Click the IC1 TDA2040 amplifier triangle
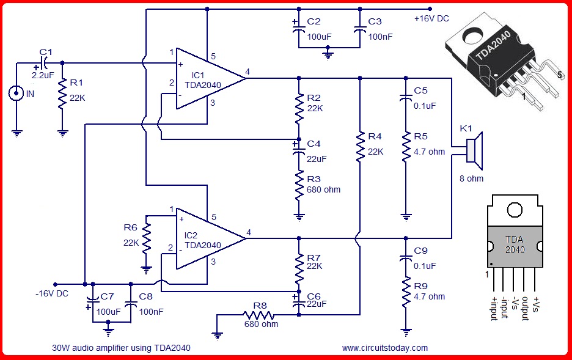(204, 78)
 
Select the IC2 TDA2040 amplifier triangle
(204, 239)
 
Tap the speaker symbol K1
(475, 151)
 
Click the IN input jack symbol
(16, 94)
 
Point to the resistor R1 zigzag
(62, 94)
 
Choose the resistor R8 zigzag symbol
(258, 315)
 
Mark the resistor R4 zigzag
(360, 147)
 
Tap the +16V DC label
(431, 18)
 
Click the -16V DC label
(52, 293)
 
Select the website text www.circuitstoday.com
(385, 348)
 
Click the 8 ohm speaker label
(471, 178)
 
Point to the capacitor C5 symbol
(406, 97)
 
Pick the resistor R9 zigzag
(406, 292)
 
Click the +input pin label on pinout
(494, 309)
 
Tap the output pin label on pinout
(525, 309)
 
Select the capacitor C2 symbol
(299, 29)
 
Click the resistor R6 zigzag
(146, 238)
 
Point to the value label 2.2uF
(43, 76)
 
